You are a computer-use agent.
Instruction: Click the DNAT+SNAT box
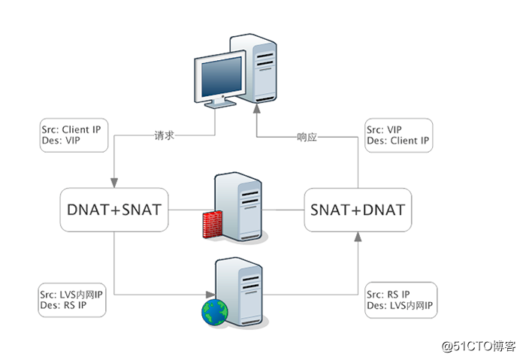point(114,209)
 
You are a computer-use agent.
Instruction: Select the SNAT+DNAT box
point(357,209)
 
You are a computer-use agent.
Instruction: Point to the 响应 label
point(307,137)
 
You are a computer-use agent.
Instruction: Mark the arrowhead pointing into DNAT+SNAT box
point(114,183)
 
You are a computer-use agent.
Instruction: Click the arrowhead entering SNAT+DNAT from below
point(357,237)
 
